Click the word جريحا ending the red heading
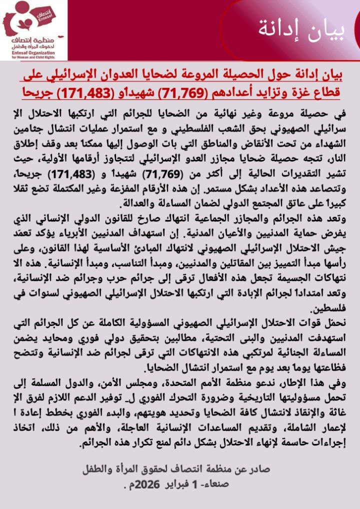point(40,93)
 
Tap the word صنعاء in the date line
point(215,483)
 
